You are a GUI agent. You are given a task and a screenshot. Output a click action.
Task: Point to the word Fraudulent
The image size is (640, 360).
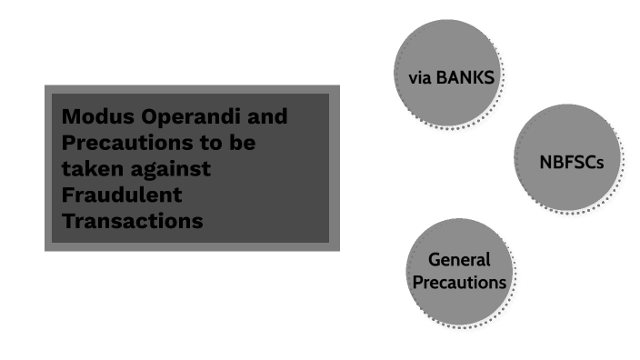point(123,195)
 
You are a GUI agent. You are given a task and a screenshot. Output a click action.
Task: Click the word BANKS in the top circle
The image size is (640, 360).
point(465,77)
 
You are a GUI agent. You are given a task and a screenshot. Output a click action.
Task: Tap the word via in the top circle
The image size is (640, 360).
point(421,77)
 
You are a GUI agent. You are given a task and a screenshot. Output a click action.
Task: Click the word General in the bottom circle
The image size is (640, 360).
point(459,260)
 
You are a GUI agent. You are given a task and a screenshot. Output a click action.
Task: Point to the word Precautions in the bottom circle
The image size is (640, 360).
point(459,282)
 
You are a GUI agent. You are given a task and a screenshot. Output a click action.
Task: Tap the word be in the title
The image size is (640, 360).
point(241,144)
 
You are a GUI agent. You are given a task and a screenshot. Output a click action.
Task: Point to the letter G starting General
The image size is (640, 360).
point(433,260)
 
